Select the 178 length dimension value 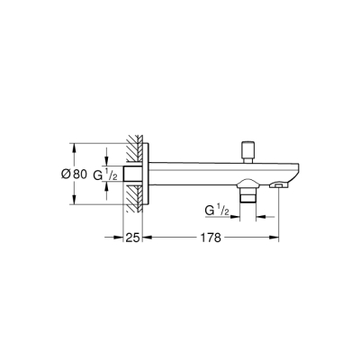[212, 238]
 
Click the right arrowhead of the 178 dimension [276, 238]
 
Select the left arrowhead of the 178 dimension [149, 238]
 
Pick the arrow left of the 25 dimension [117, 238]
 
